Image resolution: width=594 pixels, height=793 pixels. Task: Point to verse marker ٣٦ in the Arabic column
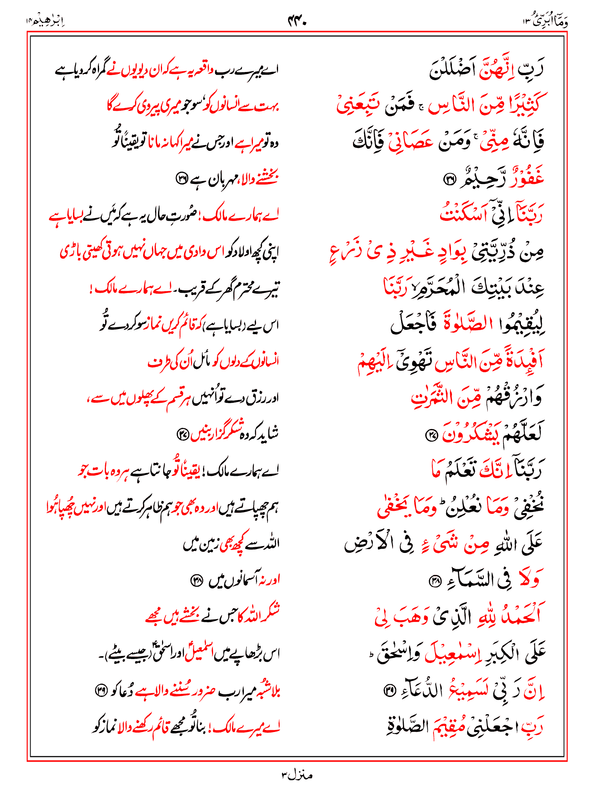click(x=449, y=179)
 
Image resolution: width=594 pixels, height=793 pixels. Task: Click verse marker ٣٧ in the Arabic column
click(x=430, y=436)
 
